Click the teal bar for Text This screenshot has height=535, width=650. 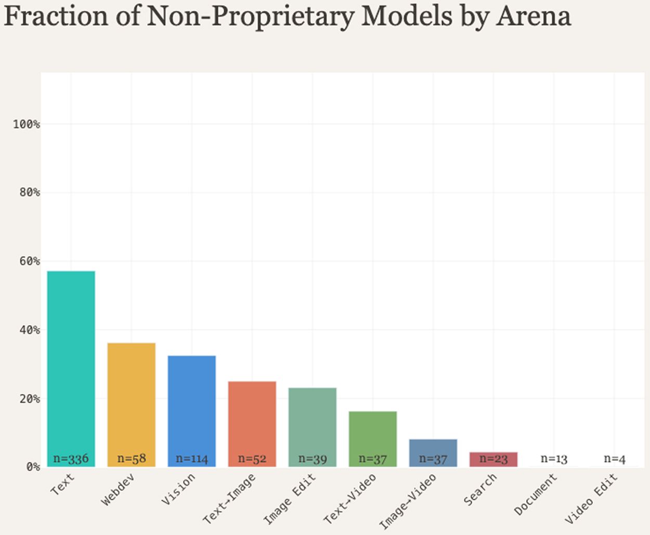[71, 369]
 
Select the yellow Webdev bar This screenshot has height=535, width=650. [132, 405]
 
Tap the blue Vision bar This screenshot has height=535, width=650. [192, 411]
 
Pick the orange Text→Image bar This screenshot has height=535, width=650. [252, 424]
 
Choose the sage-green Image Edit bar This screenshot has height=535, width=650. [313, 427]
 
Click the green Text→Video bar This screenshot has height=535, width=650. [373, 439]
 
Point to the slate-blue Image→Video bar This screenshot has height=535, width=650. [433, 453]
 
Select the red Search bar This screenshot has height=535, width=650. [493, 460]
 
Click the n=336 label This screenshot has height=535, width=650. [71, 458]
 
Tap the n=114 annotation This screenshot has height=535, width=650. [192, 459]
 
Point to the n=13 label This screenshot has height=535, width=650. [554, 459]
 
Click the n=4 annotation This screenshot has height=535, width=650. [615, 459]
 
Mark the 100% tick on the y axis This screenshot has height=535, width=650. [26, 124]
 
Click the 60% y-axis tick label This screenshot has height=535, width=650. [30, 261]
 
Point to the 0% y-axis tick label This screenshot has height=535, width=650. [33, 467]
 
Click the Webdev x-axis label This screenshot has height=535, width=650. [118, 490]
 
